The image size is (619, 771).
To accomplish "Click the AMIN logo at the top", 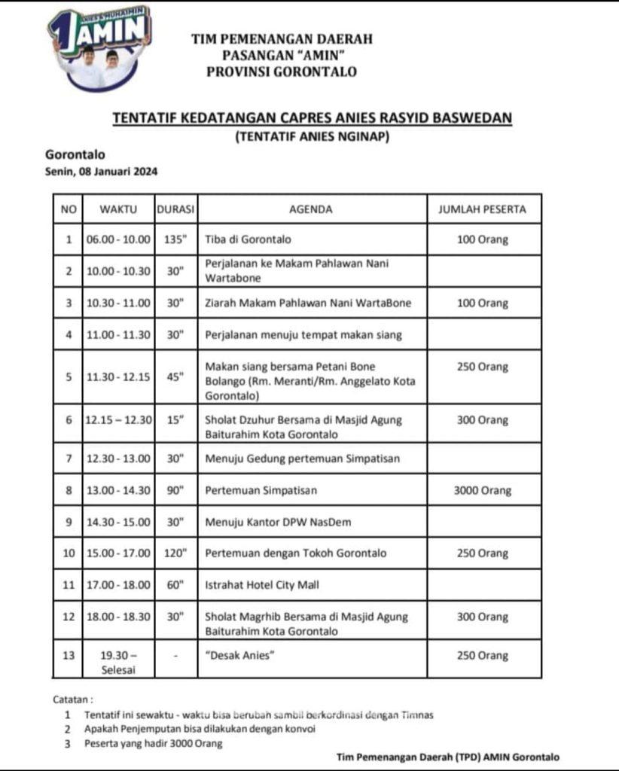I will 99,47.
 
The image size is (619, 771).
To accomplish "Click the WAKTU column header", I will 117,209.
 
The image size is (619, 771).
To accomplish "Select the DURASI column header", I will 175,209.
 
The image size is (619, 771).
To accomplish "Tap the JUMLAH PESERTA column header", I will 482,209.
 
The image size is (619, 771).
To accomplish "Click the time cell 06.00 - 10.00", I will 117,240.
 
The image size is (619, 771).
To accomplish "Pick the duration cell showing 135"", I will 175,240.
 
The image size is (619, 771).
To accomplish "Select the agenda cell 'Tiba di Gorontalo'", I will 249,240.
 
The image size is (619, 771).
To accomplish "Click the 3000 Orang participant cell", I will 482,490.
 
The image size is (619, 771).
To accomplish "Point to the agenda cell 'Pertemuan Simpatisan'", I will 261,490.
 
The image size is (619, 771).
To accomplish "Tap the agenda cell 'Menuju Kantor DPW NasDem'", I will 278,522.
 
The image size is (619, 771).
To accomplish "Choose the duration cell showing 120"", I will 175,553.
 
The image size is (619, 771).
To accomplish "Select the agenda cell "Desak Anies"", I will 240,656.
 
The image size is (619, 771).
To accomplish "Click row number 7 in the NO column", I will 69,459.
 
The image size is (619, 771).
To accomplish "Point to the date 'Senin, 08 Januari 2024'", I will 102,172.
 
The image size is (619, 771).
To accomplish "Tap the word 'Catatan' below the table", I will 73,699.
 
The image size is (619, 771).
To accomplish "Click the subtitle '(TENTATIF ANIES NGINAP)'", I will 310,136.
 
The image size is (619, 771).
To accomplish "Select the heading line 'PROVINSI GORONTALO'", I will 282,72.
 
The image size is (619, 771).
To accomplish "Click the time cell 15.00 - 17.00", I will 117,553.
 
